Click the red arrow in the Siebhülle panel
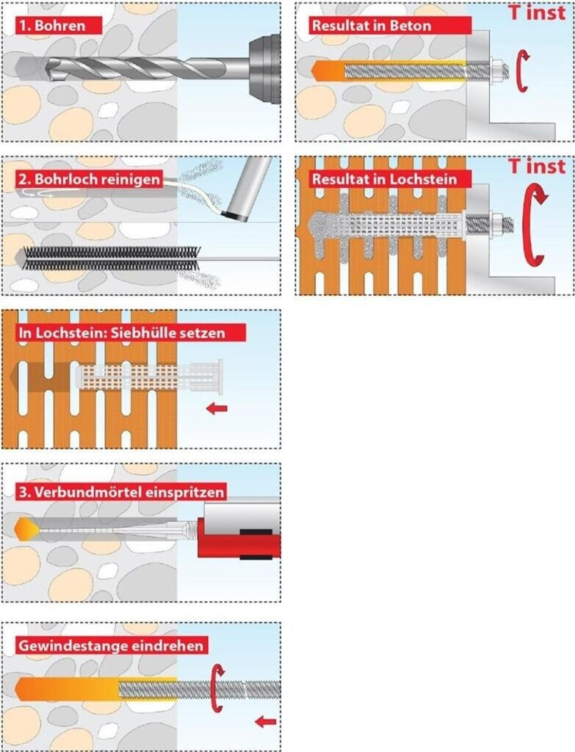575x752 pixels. pos(217,408)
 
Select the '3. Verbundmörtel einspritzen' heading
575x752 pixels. pos(120,492)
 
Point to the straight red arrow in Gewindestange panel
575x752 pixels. pos(266,721)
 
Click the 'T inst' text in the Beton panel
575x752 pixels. pos(537,12)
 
